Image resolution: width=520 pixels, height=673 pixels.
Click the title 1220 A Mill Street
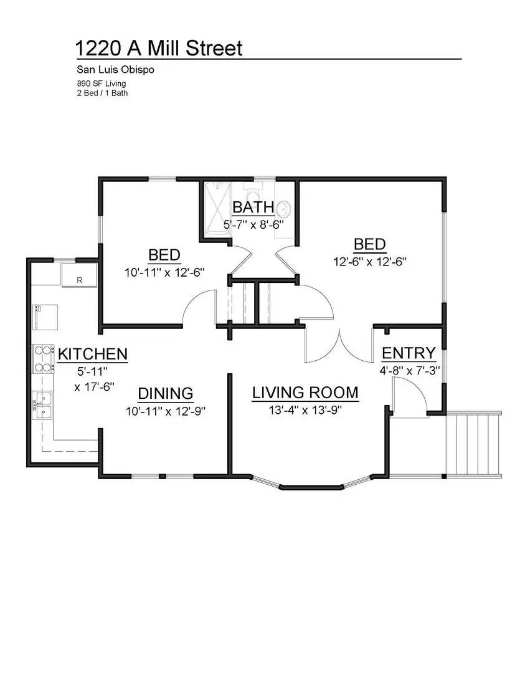pos(158,48)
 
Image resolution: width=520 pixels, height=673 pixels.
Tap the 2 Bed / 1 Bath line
pos(102,92)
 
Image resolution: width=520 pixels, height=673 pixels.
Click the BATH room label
pos(253,208)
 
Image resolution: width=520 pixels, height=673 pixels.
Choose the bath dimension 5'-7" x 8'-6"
pos(254,224)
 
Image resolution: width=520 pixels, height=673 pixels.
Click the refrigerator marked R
pos(79,275)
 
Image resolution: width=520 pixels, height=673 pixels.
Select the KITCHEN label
pos(93,355)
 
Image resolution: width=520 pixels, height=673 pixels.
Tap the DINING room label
pos(165,393)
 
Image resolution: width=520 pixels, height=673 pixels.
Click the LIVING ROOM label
pos(305,393)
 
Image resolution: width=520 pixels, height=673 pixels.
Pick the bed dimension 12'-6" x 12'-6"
pos(370,262)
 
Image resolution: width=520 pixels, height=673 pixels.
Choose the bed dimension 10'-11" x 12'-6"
pos(164,272)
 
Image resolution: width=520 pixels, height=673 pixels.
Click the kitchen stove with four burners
pos(44,358)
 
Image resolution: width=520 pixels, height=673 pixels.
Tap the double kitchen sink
pos(44,405)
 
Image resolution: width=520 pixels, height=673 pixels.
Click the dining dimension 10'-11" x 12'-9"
pos(165,411)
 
